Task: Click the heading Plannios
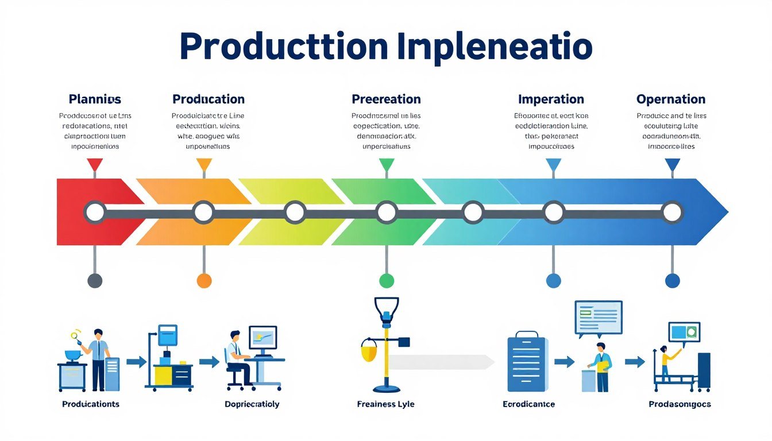click(x=95, y=99)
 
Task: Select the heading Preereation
click(x=386, y=99)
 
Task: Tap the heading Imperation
click(x=551, y=99)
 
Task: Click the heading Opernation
click(x=670, y=99)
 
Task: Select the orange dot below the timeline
click(x=204, y=280)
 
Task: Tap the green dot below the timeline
click(x=387, y=280)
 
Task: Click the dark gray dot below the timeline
click(x=95, y=280)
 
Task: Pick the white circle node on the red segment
click(x=95, y=212)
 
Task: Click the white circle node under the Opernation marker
click(x=671, y=212)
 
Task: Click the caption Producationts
click(x=91, y=404)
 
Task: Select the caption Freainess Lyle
click(x=385, y=404)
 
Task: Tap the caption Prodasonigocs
click(x=680, y=404)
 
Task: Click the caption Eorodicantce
click(x=528, y=404)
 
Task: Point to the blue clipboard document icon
click(x=527, y=362)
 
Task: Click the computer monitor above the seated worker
click(x=263, y=338)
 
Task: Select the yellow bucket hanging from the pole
click(x=368, y=350)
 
